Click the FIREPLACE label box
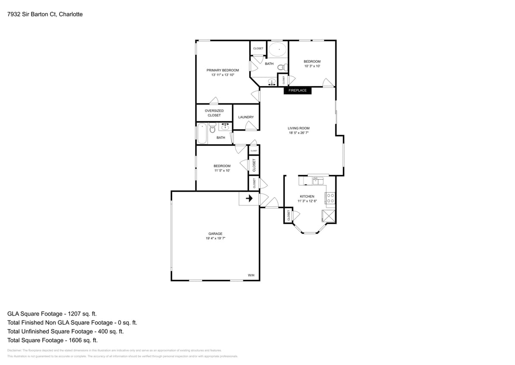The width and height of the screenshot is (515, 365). pyautogui.click(x=297, y=90)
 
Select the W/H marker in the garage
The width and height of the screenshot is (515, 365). pyautogui.click(x=251, y=275)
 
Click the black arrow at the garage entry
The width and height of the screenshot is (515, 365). pyautogui.click(x=249, y=199)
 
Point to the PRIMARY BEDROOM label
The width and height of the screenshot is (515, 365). pyautogui.click(x=222, y=70)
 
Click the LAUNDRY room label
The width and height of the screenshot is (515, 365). pyautogui.click(x=246, y=117)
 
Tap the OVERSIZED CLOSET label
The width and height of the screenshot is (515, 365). pyautogui.click(x=214, y=113)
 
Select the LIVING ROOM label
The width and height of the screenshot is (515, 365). pyautogui.click(x=299, y=128)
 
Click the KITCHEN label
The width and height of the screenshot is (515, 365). pyautogui.click(x=307, y=196)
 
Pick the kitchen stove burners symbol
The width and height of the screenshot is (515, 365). pyautogui.click(x=331, y=199)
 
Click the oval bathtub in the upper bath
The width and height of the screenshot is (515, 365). pyautogui.click(x=277, y=50)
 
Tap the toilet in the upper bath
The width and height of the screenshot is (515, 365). pyautogui.click(x=281, y=67)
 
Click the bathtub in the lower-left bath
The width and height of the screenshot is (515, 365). pyautogui.click(x=202, y=133)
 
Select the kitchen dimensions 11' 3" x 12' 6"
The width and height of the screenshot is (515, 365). pyautogui.click(x=307, y=201)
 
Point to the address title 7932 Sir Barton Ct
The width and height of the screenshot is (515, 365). pyautogui.click(x=45, y=14)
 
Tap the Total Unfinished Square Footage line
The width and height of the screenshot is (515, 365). pyautogui.click(x=66, y=331)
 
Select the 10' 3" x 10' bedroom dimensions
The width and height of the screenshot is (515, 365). pyautogui.click(x=312, y=66)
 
